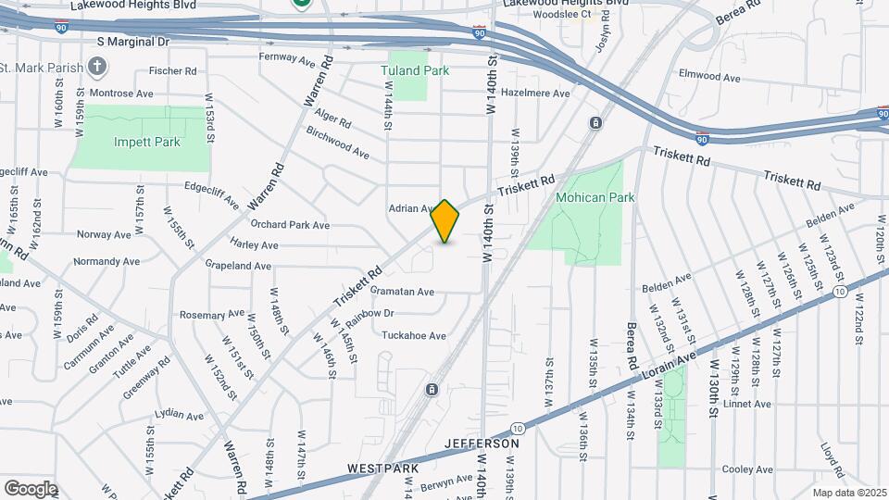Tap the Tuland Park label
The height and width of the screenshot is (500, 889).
[x=415, y=70]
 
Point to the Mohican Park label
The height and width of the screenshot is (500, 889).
[x=595, y=197]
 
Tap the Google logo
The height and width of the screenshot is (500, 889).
[x=31, y=488]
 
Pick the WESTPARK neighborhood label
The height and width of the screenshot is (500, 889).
[x=379, y=469]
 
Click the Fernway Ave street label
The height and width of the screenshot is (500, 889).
[x=289, y=60]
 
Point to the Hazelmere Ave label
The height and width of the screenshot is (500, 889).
[x=534, y=94]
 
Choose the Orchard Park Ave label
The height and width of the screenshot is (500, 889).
[x=290, y=225]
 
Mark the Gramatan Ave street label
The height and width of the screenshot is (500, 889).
[x=402, y=292]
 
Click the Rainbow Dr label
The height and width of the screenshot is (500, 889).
[x=369, y=314]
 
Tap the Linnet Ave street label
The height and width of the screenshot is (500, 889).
[x=749, y=404]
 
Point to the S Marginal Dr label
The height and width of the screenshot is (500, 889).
[x=134, y=42]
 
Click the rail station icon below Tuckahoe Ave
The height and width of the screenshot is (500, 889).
[x=431, y=390]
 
